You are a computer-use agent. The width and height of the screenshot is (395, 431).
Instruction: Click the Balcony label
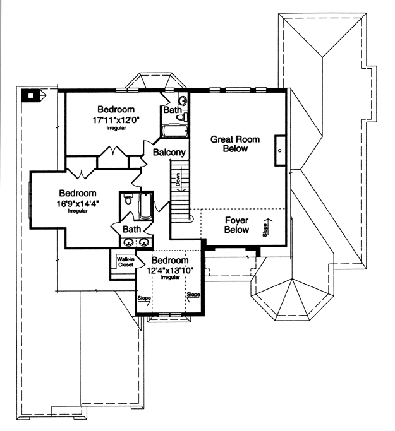pyautogui.click(x=169, y=152)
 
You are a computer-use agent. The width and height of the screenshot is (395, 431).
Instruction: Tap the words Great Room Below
pyautogui.click(x=235, y=144)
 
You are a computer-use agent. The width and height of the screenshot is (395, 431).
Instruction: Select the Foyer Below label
pyautogui.click(x=237, y=225)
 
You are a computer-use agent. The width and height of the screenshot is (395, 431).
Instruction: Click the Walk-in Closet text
pyautogui.click(x=126, y=262)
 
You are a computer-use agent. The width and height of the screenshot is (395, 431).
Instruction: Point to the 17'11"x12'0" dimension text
pyautogui.click(x=116, y=120)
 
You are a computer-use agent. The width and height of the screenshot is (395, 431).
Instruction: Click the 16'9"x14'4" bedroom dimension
pyautogui.click(x=78, y=204)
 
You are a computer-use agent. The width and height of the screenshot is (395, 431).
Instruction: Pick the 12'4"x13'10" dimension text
pyautogui.click(x=170, y=271)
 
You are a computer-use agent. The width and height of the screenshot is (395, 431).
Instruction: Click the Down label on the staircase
pyautogui.click(x=178, y=179)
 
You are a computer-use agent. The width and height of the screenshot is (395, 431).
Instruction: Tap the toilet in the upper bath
pyautogui.click(x=181, y=117)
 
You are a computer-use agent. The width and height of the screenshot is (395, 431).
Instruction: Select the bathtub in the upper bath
pyautogui.click(x=174, y=131)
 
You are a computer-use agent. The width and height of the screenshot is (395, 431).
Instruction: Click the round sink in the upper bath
pyautogui.click(x=183, y=100)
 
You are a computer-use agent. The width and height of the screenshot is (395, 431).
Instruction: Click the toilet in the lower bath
pyautogui.click(x=128, y=200)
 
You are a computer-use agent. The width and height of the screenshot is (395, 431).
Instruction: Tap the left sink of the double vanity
pyautogui.click(x=128, y=242)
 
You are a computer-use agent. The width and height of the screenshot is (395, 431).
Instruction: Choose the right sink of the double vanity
pyautogui.click(x=144, y=242)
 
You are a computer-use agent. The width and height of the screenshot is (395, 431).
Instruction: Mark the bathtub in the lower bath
pyautogui.click(x=145, y=206)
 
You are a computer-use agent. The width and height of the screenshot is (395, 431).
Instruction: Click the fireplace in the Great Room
pyautogui.click(x=280, y=150)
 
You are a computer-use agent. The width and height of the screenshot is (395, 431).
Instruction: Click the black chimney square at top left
pyautogui.click(x=30, y=96)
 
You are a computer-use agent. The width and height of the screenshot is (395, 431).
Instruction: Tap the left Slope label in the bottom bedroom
pyautogui.click(x=144, y=298)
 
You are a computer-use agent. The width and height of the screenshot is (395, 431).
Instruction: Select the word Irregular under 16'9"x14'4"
pyautogui.click(x=78, y=211)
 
